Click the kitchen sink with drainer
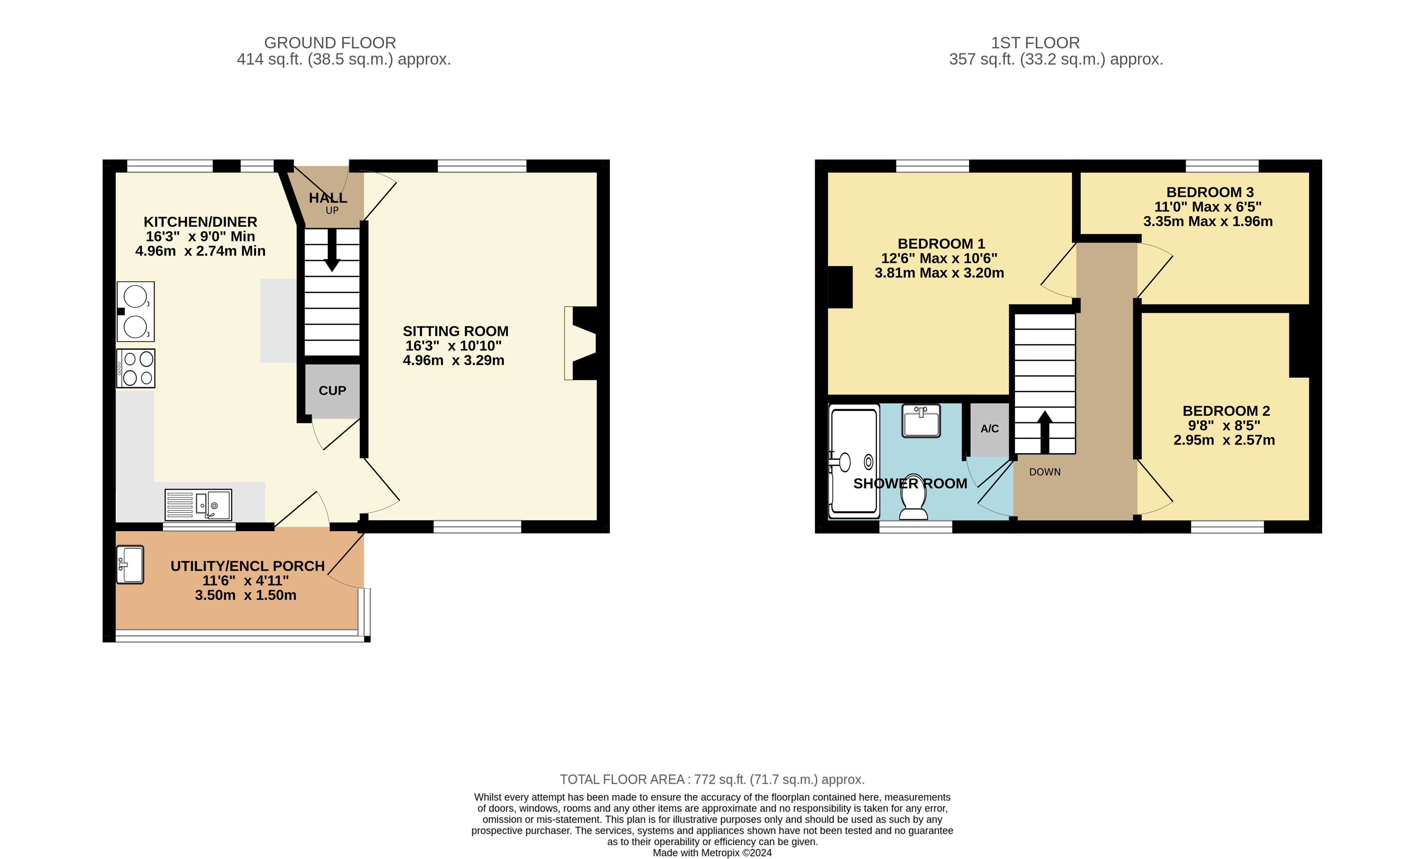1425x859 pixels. click(x=198, y=504)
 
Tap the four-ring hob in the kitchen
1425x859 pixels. click(x=136, y=368)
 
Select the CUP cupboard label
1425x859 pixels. click(x=332, y=390)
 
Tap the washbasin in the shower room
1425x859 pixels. click(x=921, y=421)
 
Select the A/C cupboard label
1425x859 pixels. click(x=989, y=429)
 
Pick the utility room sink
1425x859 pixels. click(x=130, y=564)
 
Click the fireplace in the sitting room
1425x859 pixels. click(x=581, y=343)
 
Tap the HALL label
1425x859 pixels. click(x=328, y=198)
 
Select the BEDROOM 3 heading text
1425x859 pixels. click(x=1210, y=192)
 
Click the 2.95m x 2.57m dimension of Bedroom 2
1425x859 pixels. click(x=1224, y=440)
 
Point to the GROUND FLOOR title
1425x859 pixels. click(x=330, y=43)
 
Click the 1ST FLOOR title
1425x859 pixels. click(x=1035, y=43)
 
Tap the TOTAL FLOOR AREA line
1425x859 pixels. click(x=712, y=779)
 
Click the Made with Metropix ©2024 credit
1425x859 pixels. click(x=712, y=852)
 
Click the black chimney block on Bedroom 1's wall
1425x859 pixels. click(x=840, y=287)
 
